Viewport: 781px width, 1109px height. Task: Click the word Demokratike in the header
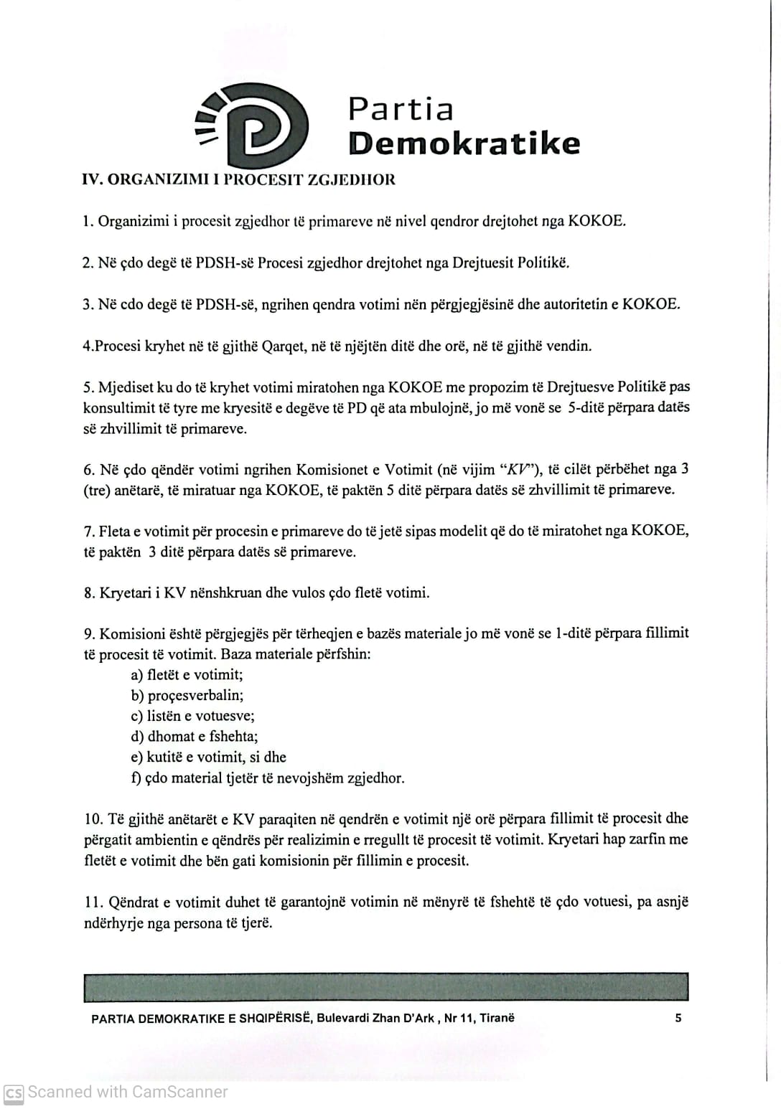[x=464, y=143]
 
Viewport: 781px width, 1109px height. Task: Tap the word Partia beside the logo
[x=401, y=109]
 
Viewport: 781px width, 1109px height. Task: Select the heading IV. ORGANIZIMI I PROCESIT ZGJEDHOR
[x=239, y=179]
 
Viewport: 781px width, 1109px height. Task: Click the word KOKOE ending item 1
[x=596, y=221]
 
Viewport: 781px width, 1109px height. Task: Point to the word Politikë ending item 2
[x=545, y=263]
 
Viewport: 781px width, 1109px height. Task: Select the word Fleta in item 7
[x=114, y=532]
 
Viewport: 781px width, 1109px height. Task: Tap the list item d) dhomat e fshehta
[x=194, y=737]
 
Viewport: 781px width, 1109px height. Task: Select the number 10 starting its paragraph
[x=93, y=819]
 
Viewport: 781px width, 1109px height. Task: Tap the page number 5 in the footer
[x=678, y=1018]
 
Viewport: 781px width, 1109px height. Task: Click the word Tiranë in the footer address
[x=497, y=1018]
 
